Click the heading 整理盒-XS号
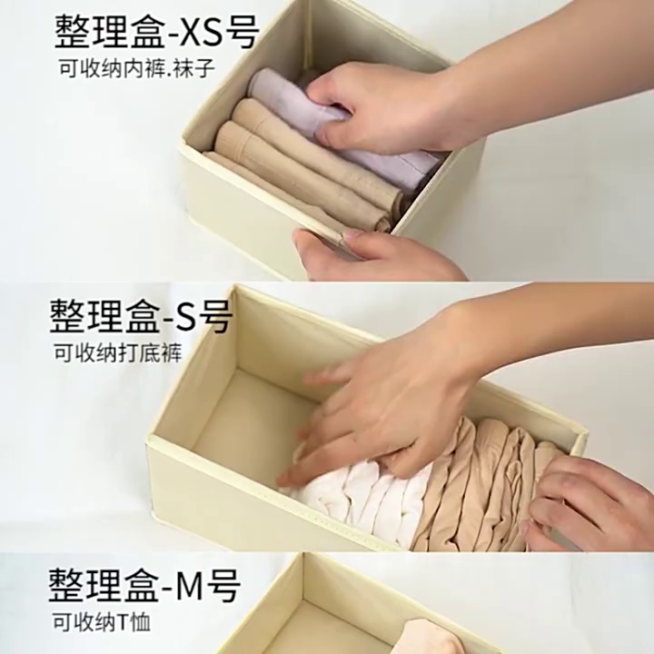(x=157, y=32)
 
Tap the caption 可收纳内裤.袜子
(x=136, y=68)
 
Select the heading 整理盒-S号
(x=141, y=316)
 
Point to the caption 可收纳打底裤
(x=117, y=353)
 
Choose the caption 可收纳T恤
(x=101, y=623)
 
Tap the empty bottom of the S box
(x=251, y=417)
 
